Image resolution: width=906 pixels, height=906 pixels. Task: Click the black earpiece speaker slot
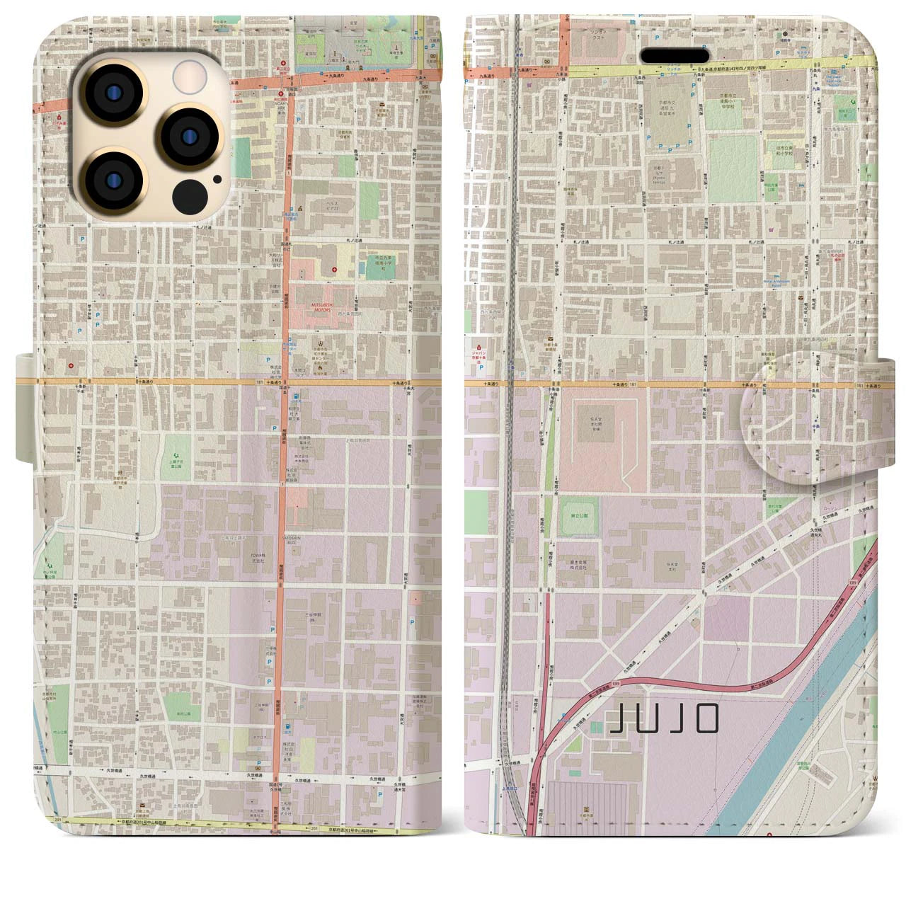tap(675, 55)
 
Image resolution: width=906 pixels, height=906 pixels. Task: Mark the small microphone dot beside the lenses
tap(216, 179)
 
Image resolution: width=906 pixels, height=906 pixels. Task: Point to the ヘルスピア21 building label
tap(324, 205)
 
